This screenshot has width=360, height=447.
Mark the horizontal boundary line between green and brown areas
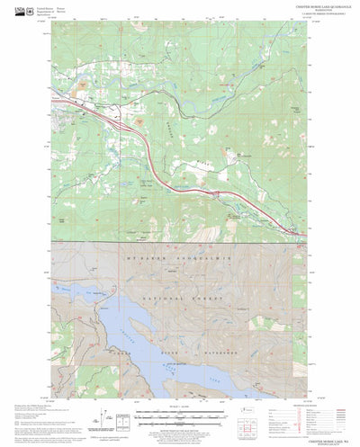[180, 242]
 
